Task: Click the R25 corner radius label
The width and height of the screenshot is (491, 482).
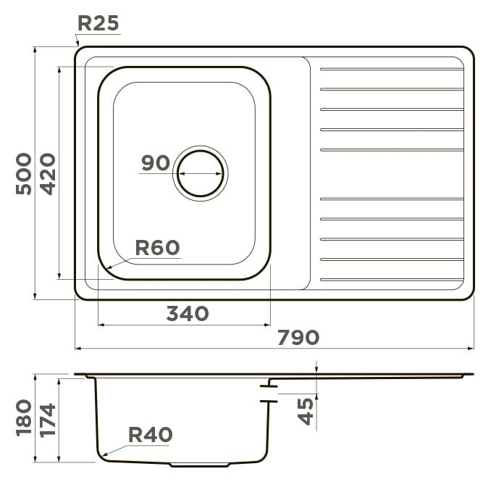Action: (x=98, y=23)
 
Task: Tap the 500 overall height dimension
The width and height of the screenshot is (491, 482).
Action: (x=24, y=174)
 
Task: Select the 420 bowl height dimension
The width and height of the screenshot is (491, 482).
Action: (x=48, y=174)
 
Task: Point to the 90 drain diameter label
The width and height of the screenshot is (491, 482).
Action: (x=155, y=162)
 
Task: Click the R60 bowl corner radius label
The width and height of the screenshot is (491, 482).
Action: (x=157, y=248)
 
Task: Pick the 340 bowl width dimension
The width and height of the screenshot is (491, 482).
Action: (x=188, y=313)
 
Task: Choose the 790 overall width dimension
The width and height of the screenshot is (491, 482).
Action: (x=298, y=337)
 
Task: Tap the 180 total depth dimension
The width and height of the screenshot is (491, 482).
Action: (x=24, y=417)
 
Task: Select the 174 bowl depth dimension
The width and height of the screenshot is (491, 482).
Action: (x=48, y=420)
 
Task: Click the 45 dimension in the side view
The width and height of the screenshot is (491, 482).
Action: (x=306, y=411)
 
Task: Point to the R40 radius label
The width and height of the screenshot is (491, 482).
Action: (x=151, y=435)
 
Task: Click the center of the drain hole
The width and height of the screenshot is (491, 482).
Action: (x=201, y=173)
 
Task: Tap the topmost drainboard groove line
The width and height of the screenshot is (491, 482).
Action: (x=392, y=69)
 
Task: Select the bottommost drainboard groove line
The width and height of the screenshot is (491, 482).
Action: (x=392, y=280)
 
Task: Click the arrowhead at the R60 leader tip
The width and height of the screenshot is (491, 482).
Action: (x=109, y=267)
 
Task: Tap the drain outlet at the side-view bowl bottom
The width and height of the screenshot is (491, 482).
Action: (x=199, y=465)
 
